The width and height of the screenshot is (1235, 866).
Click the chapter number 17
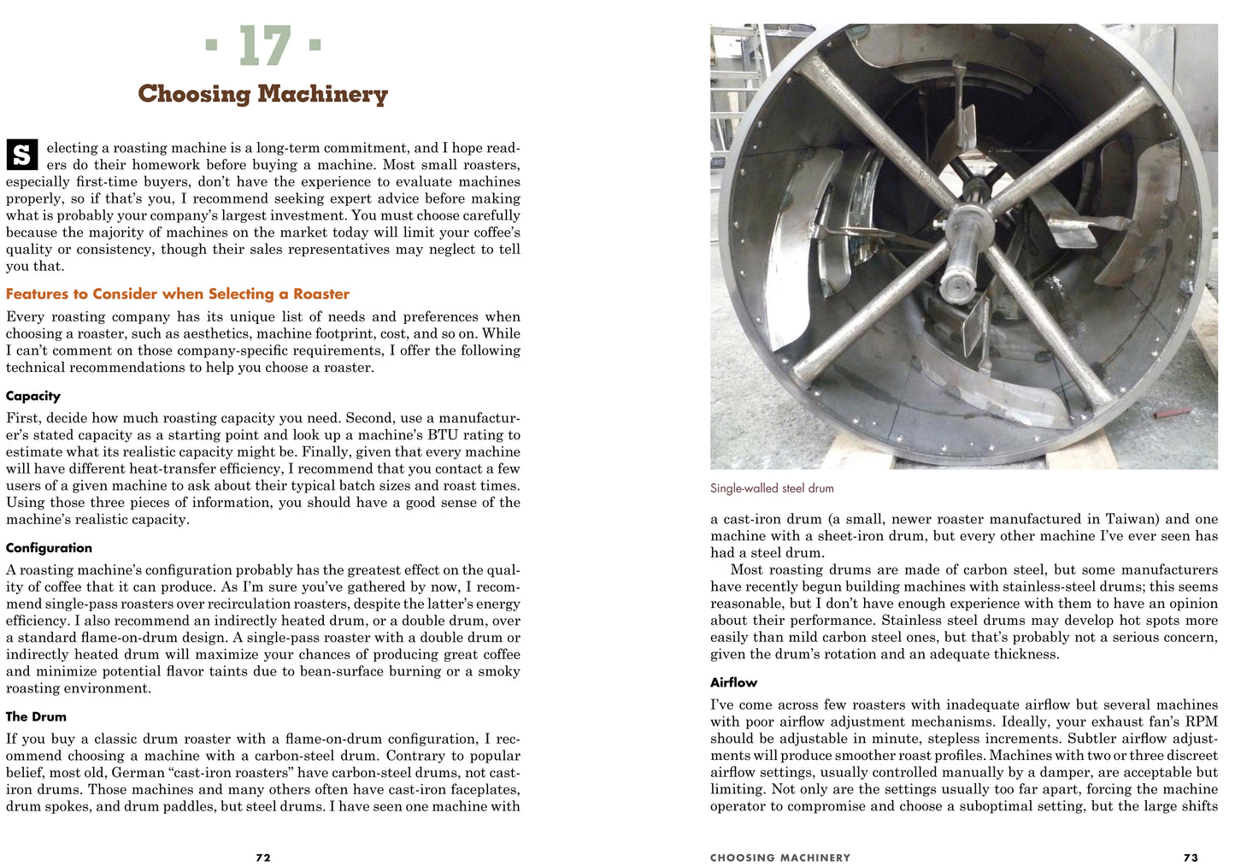tap(265, 46)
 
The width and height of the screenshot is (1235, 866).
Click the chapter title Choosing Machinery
tap(263, 93)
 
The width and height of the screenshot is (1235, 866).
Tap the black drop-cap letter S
tap(22, 155)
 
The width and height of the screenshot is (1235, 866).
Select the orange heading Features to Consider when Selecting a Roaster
tap(178, 294)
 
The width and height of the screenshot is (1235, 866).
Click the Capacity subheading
tap(33, 396)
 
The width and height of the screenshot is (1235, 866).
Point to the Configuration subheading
tap(49, 548)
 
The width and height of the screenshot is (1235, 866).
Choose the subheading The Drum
tap(36, 716)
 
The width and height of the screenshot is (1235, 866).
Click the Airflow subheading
tap(733, 682)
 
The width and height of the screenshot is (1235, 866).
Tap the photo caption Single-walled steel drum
tap(772, 488)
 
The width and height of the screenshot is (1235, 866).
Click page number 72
tap(263, 857)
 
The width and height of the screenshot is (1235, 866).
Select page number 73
tap(1191, 857)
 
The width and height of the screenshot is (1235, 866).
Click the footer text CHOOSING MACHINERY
tap(780, 857)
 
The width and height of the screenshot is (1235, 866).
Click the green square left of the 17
tap(211, 43)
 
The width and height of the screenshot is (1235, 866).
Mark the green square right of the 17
tap(315, 43)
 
